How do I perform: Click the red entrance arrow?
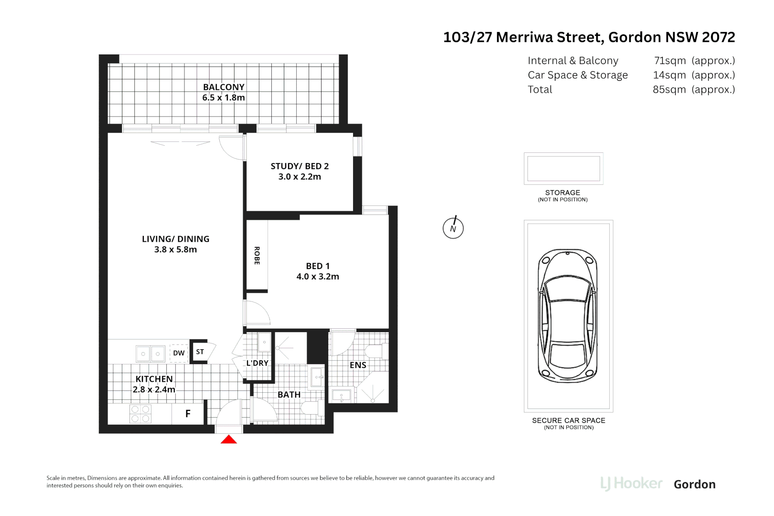point(229,440)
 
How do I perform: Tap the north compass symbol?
point(453,228)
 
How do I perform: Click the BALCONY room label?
point(224,87)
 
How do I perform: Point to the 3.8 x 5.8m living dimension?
point(175,249)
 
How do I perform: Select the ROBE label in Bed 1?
point(257,256)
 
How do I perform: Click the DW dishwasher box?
point(179,353)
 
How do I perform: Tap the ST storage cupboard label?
point(200,352)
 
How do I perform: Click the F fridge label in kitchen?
point(188,414)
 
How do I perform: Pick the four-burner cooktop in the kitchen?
point(140,414)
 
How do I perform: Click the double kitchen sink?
point(150,354)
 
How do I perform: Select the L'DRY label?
point(258,363)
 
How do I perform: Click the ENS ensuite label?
point(358,365)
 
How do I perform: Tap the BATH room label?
point(289,395)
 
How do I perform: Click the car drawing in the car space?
point(568,315)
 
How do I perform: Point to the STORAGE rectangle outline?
point(563,168)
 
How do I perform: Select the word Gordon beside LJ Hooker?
point(694,484)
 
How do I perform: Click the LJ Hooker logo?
point(631,484)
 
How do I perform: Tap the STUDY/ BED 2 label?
point(300,166)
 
